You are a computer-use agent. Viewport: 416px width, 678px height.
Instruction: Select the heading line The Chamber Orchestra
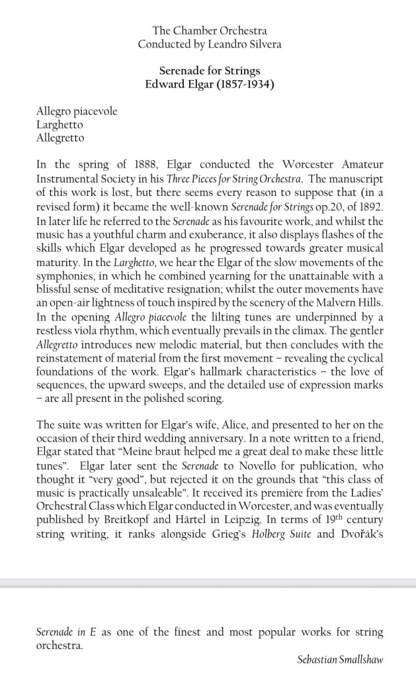coord(210,30)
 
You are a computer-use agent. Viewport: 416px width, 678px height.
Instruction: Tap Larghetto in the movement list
coord(60,124)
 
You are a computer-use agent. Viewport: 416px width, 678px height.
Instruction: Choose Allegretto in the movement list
coord(60,138)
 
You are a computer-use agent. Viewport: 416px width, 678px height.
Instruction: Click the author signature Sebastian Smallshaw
coord(341,659)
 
